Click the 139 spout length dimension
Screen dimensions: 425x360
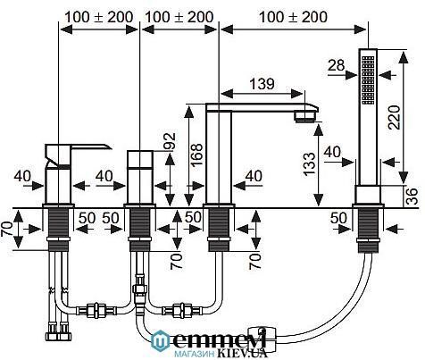(262, 84)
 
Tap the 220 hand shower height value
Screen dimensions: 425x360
(395, 117)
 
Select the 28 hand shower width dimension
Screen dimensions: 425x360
(337, 65)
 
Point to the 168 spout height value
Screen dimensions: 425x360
(196, 155)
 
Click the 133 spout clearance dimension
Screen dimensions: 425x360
(309, 164)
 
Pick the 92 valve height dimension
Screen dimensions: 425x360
(170, 141)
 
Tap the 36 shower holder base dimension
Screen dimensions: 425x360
(412, 197)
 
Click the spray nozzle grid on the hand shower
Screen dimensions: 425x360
(368, 80)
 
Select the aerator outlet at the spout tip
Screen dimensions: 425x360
(305, 116)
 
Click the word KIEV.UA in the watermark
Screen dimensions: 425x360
(242, 353)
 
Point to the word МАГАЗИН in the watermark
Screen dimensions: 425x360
(195, 354)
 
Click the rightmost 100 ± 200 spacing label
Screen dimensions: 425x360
(293, 17)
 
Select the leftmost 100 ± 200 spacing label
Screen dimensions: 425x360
(99, 17)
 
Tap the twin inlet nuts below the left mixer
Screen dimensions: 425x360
(59, 332)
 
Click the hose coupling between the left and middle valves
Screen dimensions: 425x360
(96, 310)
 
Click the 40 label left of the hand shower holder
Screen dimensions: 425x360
(332, 152)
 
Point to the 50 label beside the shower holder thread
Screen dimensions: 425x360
(338, 218)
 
